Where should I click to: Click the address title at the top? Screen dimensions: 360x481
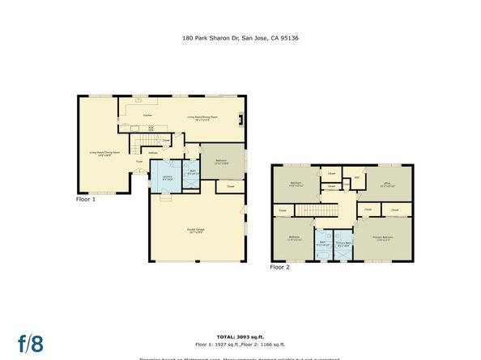click(x=240, y=36)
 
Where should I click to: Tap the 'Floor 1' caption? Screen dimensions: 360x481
click(x=86, y=198)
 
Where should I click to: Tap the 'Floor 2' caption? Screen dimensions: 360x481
click(x=279, y=266)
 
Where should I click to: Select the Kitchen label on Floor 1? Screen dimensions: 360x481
click(x=147, y=116)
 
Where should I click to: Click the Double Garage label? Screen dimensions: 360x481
click(x=196, y=232)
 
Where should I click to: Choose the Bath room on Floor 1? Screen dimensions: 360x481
click(x=193, y=172)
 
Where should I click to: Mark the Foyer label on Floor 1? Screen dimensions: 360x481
click(x=139, y=162)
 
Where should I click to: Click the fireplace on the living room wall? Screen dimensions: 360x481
click(x=240, y=120)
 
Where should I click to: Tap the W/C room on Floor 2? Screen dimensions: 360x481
click(x=355, y=179)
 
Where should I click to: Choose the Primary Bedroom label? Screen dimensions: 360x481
click(x=382, y=237)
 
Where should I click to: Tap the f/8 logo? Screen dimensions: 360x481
click(x=31, y=342)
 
